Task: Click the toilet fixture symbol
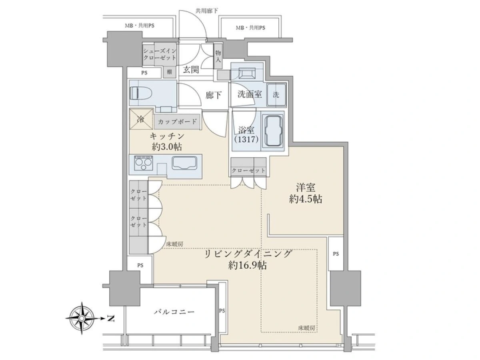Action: [x=141, y=94]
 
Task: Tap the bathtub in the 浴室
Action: [x=273, y=131]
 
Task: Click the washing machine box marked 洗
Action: [x=276, y=95]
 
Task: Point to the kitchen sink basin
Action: [x=184, y=163]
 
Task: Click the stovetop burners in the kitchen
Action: [x=143, y=163]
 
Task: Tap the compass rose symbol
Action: [x=82, y=318]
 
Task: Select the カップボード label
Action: [x=177, y=122]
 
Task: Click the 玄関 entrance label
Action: [x=191, y=70]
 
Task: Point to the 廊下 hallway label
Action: [x=214, y=95]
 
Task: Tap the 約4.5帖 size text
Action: [x=305, y=199]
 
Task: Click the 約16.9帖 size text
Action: [x=247, y=265]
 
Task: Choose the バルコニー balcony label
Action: [x=174, y=312]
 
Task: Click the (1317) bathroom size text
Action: [x=246, y=139]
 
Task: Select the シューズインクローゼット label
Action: [x=160, y=54]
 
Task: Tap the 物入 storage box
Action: [x=218, y=56]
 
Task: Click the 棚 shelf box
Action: [x=170, y=72]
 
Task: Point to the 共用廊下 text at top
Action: [x=207, y=11]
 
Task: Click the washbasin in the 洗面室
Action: [x=247, y=73]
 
